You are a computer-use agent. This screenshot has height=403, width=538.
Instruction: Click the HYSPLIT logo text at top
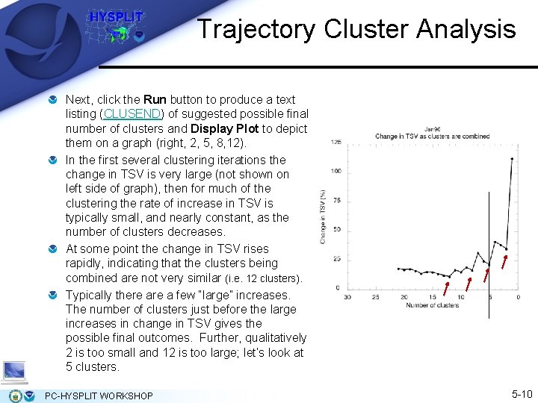tap(117, 16)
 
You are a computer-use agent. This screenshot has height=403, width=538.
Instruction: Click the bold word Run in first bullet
tap(155, 99)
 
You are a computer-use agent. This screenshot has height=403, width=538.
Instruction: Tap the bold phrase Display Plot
tap(223, 128)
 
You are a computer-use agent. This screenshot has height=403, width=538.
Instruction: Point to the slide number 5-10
tap(522, 394)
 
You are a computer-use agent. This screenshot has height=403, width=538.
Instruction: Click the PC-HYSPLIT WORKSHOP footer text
tap(99, 396)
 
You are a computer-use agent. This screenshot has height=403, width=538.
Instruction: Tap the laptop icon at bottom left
tap(15, 370)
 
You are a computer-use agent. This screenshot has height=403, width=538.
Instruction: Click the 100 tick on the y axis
tap(336, 172)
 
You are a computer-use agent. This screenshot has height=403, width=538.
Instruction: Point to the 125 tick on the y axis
tap(336, 143)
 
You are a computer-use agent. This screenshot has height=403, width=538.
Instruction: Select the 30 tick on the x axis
tap(348, 298)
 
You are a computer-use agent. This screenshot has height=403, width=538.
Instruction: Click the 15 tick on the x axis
tap(433, 298)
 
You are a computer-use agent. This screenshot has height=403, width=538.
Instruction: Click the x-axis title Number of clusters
tap(433, 305)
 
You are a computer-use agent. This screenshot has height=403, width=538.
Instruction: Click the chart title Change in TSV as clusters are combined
tap(433, 137)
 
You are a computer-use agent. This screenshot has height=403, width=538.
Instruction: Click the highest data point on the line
tap(512, 158)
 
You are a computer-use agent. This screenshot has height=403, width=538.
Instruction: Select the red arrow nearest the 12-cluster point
tap(448, 288)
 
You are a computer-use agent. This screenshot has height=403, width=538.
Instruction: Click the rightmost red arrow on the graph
tap(505, 261)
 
